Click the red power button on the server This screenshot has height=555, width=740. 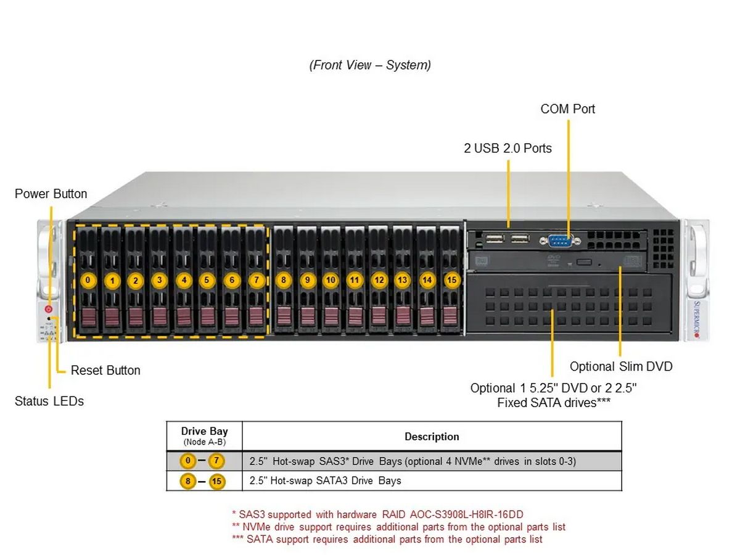pos(49,308)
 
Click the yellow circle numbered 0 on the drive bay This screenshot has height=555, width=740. pos(88,280)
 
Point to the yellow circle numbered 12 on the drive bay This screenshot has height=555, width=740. pos(378,280)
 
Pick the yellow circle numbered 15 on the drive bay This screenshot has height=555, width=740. pos(452,280)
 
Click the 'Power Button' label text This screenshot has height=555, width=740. pos(51,194)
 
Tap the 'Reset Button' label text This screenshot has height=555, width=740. pos(105,370)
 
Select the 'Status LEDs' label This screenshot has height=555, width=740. pos(49,401)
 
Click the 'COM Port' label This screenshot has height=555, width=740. pos(567,109)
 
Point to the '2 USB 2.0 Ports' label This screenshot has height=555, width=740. pos(508,148)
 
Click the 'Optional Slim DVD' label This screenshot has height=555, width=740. pos(620,366)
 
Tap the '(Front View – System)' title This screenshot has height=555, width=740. pos(370,65)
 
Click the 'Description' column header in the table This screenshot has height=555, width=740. pos(432,437)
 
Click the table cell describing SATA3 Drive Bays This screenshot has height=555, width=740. pos(325,480)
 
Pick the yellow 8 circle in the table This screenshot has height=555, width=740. pos(188,481)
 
